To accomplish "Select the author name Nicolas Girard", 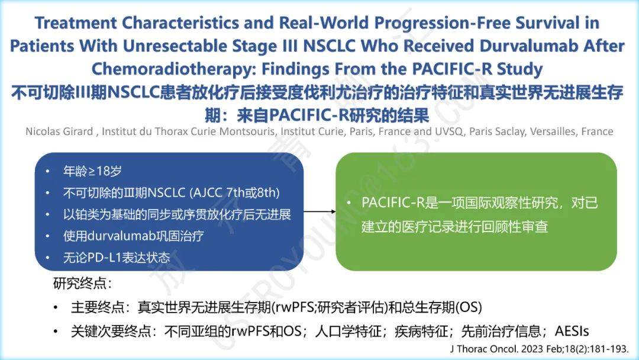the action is coord(59,131).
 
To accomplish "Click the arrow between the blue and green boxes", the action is coord(319,211).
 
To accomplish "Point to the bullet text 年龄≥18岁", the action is coord(92,171).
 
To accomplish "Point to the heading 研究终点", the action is coord(80,283).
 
